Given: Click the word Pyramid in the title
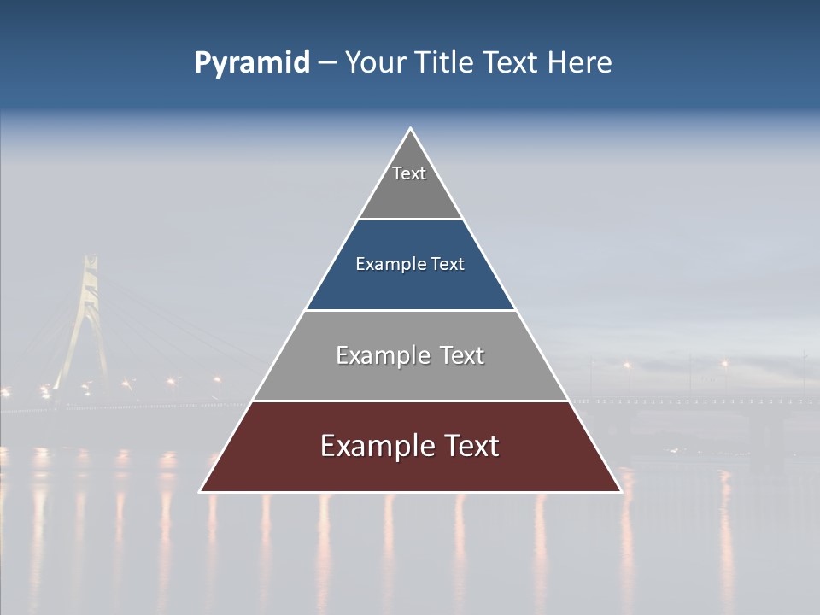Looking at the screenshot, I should point(251,63).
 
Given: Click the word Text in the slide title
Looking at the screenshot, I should point(512,63).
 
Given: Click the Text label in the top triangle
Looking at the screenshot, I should point(409,173).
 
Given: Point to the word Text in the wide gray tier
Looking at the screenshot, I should point(462,355).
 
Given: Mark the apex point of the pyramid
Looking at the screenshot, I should point(410,128).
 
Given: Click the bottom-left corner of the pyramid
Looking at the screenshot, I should point(201,491).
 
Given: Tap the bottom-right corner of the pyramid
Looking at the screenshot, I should point(620,491).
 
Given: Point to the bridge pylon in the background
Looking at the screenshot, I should point(88,307).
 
